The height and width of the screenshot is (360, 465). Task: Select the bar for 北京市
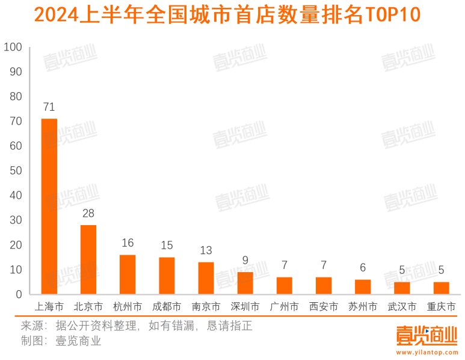click(x=88, y=259)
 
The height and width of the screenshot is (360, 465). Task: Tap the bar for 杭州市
click(x=128, y=275)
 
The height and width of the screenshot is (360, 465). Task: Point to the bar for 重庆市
click(x=441, y=288)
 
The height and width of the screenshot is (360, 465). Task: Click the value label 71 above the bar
click(x=49, y=107)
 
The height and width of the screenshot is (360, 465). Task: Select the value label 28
click(x=88, y=213)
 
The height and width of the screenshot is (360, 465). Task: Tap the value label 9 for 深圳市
click(x=245, y=260)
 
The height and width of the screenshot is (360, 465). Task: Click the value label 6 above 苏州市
click(x=363, y=267)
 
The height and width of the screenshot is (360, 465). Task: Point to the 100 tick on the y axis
click(x=13, y=47)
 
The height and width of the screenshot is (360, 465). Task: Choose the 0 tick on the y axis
click(x=19, y=294)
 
